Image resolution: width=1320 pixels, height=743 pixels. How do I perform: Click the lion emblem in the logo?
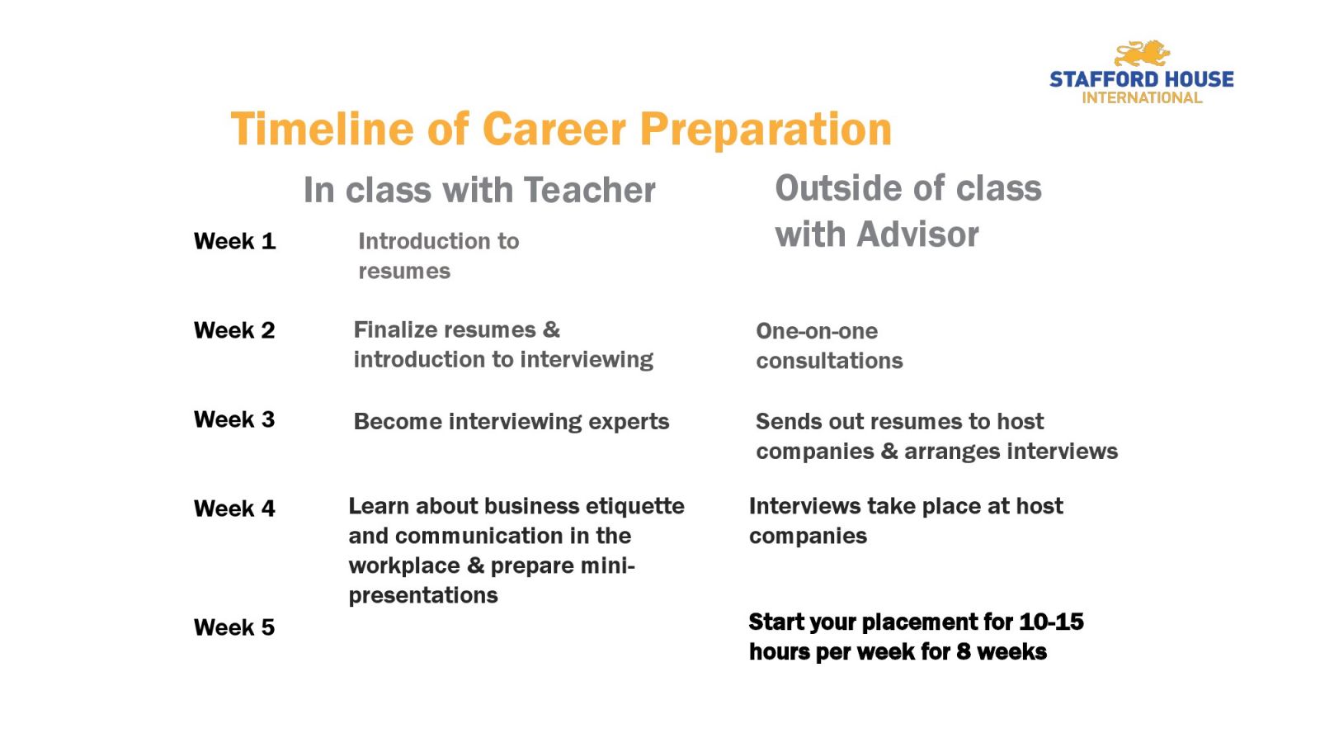pyautogui.click(x=1142, y=54)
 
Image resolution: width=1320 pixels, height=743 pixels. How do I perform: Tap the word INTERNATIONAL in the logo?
pyautogui.click(x=1142, y=98)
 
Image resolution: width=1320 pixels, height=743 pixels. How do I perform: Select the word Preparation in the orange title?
pyautogui.click(x=766, y=130)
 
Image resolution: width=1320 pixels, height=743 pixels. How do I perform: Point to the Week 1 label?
pyautogui.click(x=234, y=241)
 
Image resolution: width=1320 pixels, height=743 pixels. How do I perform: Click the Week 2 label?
pyautogui.click(x=234, y=330)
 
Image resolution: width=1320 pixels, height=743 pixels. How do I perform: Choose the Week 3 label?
pyautogui.click(x=234, y=419)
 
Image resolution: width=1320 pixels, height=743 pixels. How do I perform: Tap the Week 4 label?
pyautogui.click(x=234, y=509)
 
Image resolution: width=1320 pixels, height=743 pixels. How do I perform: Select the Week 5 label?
pyautogui.click(x=234, y=627)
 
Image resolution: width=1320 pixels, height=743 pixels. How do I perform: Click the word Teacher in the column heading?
pyautogui.click(x=589, y=190)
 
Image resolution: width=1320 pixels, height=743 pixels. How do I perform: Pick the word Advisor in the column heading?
pyautogui.click(x=917, y=234)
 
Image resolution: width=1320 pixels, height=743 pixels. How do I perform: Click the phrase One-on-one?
pyautogui.click(x=817, y=331)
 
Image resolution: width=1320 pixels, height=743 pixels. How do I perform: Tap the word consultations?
pyautogui.click(x=829, y=361)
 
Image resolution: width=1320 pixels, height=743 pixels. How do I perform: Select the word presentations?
pyautogui.click(x=423, y=596)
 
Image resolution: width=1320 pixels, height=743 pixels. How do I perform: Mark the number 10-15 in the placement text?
pyautogui.click(x=1051, y=622)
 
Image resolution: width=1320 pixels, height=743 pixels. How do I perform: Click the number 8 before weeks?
pyautogui.click(x=963, y=652)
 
